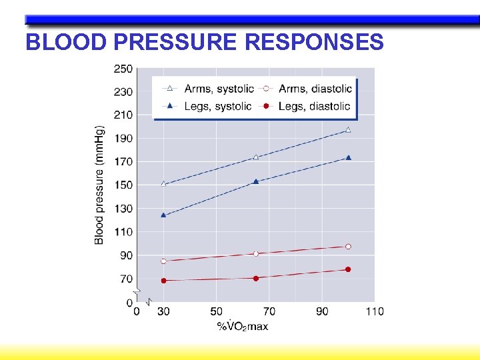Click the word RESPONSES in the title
pos(315,42)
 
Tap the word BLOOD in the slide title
pos(65,42)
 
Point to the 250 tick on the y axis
pos(123,69)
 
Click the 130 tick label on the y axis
pos(123,209)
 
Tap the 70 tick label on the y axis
pos(126,279)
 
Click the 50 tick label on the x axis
pos(217,311)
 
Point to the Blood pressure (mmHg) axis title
pos(99,185)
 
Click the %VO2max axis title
pos(243,326)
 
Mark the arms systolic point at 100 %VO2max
pos(348,130)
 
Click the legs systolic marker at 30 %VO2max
pos(163,215)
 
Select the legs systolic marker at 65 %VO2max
pos(256,181)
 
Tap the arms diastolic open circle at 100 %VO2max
pos(348,247)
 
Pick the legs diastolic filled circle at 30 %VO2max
pos(163,281)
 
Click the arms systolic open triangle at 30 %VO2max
pos(163,184)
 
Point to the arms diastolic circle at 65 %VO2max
pos(256,254)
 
